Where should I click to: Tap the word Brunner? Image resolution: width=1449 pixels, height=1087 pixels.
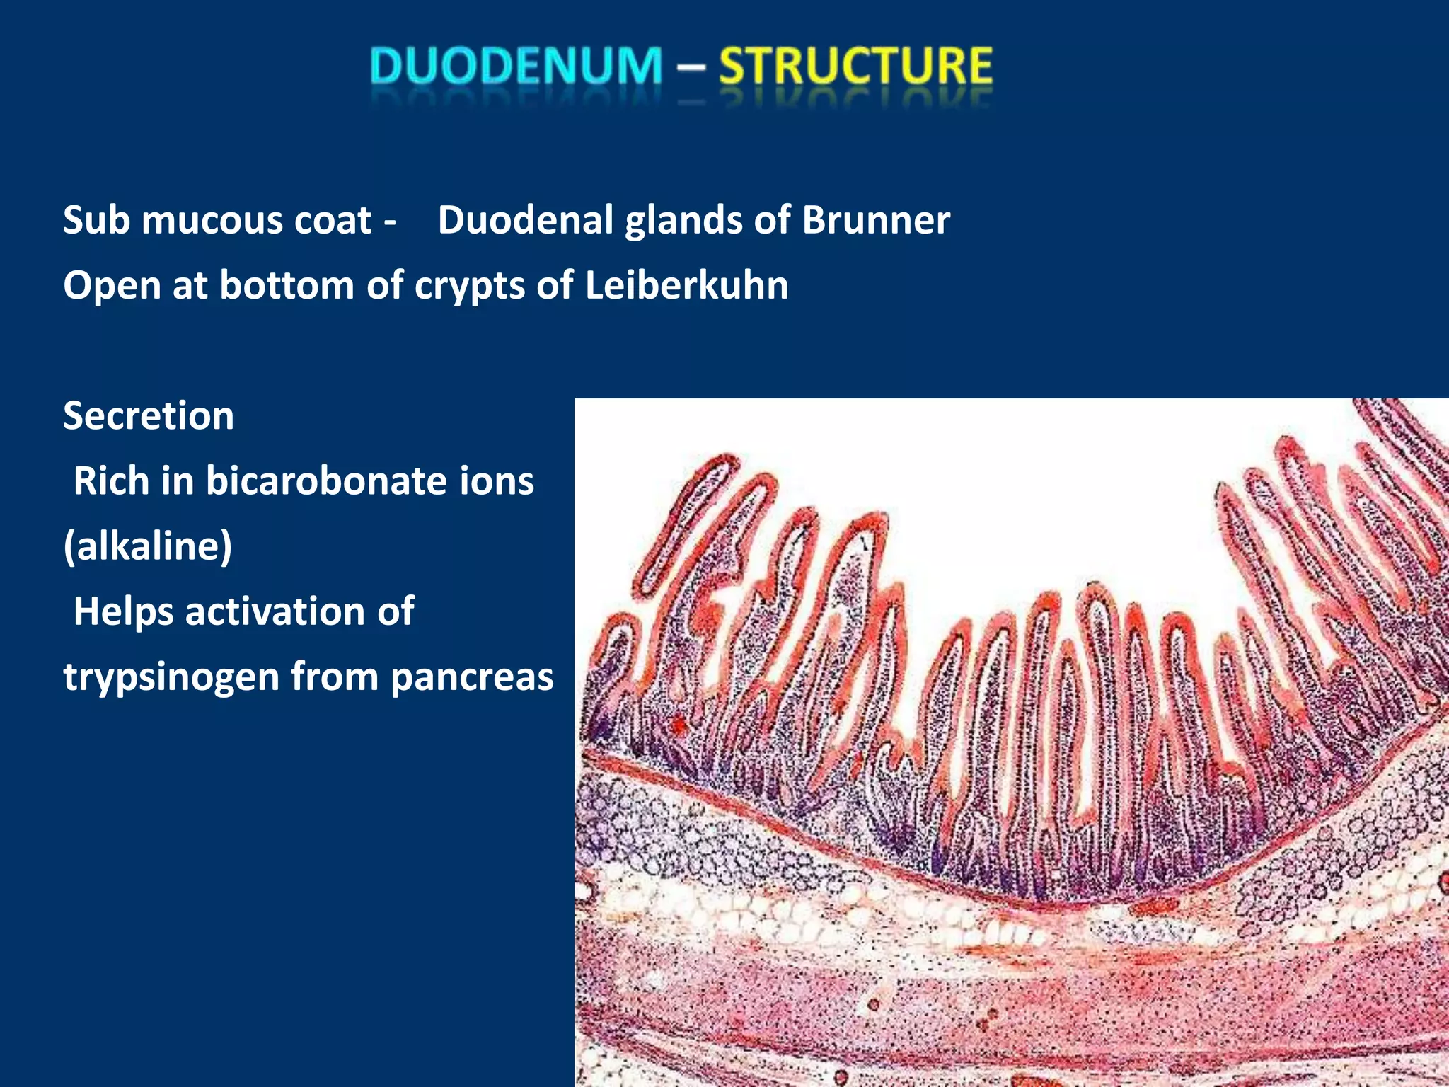point(875,220)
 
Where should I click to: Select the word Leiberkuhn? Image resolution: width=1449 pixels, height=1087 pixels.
point(686,285)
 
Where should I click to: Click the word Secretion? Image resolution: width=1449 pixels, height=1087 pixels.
point(149,415)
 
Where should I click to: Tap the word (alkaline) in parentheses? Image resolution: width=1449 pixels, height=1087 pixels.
point(148,546)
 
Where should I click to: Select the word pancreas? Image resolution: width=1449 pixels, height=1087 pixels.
point(472,677)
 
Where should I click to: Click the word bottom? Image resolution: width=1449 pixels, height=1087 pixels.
point(287,285)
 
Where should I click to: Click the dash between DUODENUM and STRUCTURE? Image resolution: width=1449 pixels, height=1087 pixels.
point(691,67)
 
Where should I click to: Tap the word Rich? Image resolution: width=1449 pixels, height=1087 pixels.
point(111,481)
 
